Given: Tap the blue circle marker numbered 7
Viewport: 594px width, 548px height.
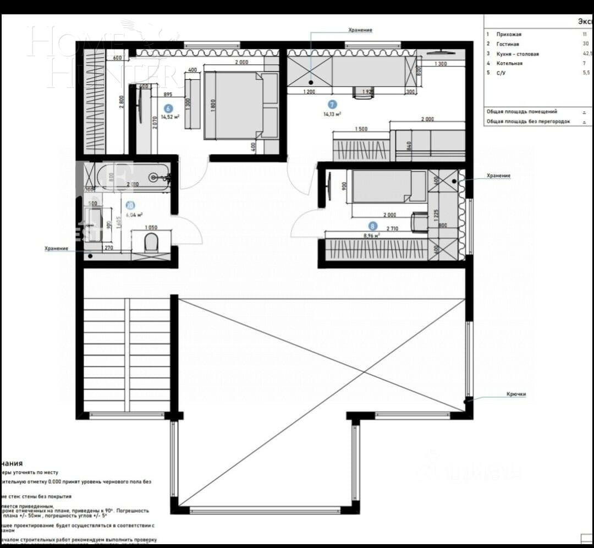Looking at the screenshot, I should [332, 104].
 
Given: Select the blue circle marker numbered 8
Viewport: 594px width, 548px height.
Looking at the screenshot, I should [373, 226].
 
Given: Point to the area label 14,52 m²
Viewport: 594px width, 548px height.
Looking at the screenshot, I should [170, 117].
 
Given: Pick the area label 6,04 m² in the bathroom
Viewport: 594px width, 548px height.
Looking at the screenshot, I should [134, 215].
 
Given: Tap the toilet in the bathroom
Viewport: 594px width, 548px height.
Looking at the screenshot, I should [151, 242].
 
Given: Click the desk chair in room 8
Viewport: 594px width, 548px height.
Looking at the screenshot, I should [420, 222].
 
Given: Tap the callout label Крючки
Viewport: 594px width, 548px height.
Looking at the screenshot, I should [516, 394].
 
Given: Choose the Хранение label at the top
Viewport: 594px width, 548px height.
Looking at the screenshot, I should [360, 30].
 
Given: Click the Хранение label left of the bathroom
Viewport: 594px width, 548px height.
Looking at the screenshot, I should [56, 248].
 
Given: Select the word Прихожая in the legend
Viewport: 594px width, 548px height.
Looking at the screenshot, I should [509, 34].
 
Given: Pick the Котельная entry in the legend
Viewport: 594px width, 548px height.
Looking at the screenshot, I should [509, 63].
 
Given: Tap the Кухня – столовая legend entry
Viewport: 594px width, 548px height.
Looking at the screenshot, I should [517, 54].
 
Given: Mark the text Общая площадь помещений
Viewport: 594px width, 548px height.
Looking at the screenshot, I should [522, 111].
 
